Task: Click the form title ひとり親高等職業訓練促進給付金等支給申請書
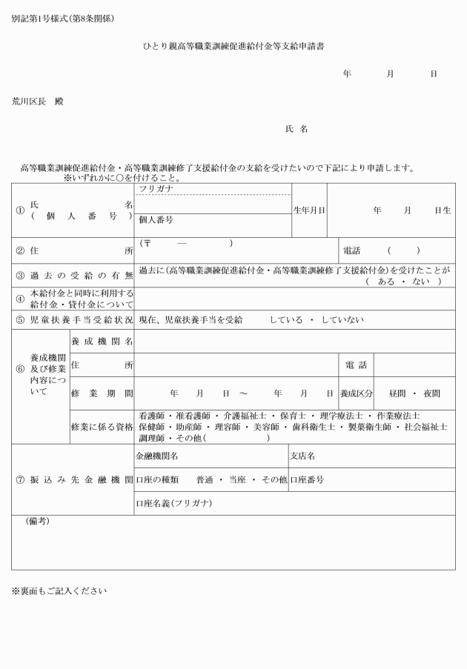click(233, 46)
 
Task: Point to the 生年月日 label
click(309, 210)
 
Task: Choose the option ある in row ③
click(386, 281)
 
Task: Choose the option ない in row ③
click(422, 281)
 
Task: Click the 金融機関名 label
click(157, 456)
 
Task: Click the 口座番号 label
click(306, 479)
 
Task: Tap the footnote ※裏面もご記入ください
click(59, 590)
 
